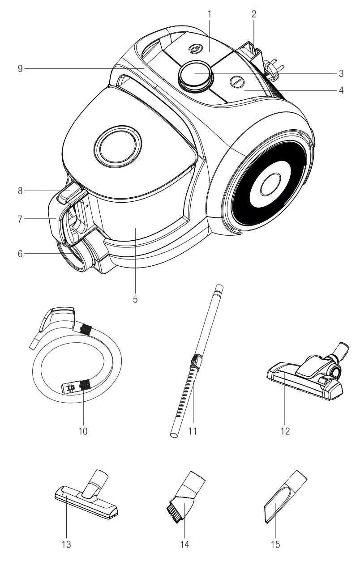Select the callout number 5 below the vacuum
135,299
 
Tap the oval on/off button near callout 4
236,81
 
